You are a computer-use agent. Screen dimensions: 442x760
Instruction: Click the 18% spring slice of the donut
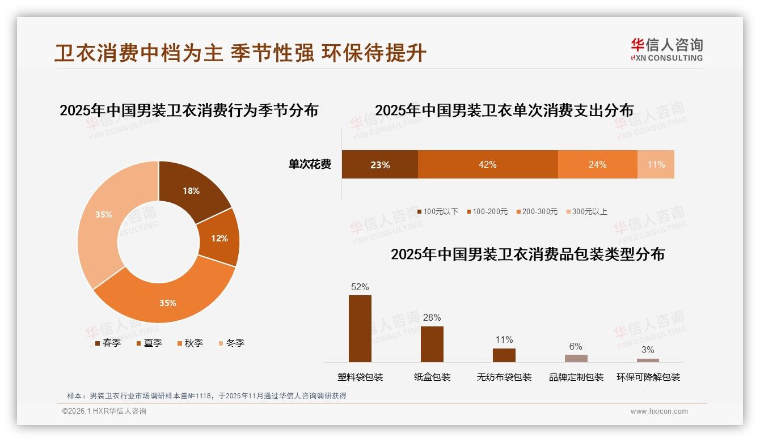coord(190,190)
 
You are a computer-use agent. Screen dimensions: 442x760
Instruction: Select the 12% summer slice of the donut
coord(219,238)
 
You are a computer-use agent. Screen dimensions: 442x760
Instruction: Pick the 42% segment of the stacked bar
coord(487,164)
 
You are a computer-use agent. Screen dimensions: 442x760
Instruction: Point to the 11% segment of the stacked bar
coord(656,164)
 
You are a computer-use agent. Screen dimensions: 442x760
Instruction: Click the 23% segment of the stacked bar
coord(379,164)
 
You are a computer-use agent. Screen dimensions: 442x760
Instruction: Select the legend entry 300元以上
coord(589,211)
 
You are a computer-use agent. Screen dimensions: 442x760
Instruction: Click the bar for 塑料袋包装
coord(360,329)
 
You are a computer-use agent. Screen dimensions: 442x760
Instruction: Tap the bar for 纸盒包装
coord(432,344)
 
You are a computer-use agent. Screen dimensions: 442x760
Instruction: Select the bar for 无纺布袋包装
coord(504,355)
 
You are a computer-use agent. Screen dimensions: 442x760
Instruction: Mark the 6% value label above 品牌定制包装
coord(576,346)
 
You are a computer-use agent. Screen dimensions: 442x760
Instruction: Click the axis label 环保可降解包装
coord(648,377)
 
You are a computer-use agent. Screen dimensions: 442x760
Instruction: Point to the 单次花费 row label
coord(310,164)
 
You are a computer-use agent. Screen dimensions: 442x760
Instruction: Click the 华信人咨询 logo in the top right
coord(666,49)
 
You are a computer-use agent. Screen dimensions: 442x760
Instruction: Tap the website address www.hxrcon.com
coord(659,411)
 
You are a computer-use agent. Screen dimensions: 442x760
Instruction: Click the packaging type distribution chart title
coord(527,254)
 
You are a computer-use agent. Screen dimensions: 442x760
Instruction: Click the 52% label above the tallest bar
coord(360,287)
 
